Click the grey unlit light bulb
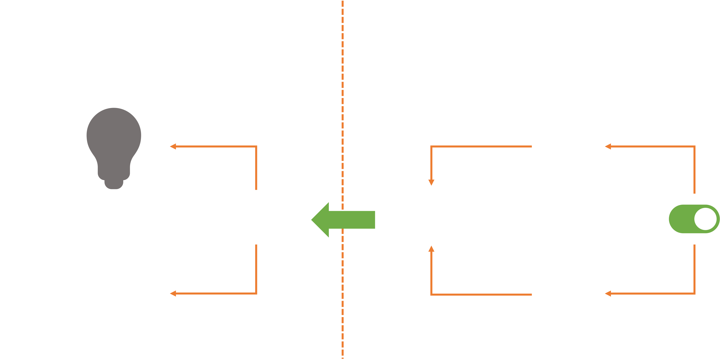pos(114,145)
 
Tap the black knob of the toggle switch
pos(706,219)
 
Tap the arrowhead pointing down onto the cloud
pos(431,182)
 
